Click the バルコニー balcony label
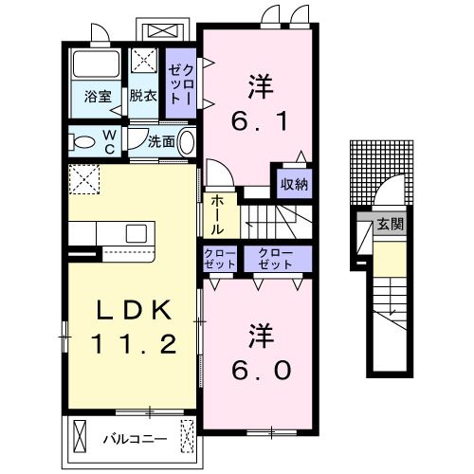135,439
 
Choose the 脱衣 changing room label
143,95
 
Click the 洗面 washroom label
160,142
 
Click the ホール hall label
217,216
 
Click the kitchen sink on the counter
137,233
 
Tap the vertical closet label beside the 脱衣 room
180,82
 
